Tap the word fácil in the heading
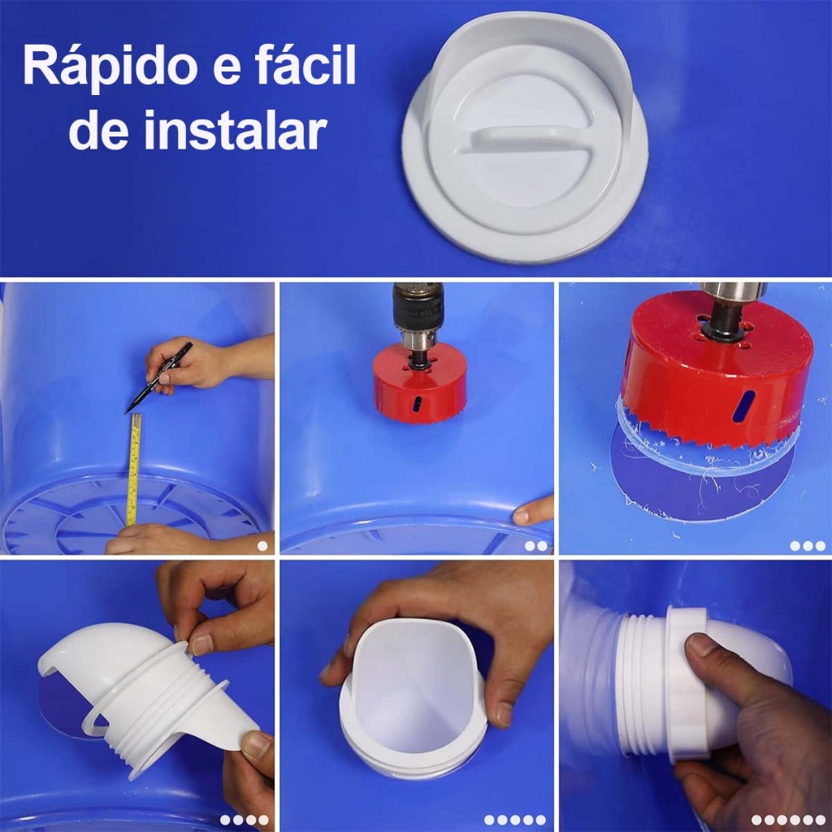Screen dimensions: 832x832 point(305,64)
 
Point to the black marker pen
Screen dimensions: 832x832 point(158,377)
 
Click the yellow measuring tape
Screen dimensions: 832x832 point(134,470)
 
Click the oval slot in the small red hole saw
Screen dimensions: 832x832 point(418,403)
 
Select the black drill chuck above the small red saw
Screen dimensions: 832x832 point(418,306)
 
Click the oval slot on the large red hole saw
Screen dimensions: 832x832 point(744,406)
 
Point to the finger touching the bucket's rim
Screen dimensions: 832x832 point(533,512)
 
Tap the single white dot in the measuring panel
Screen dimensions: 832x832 point(262,545)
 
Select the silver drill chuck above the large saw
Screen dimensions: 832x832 point(734,292)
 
